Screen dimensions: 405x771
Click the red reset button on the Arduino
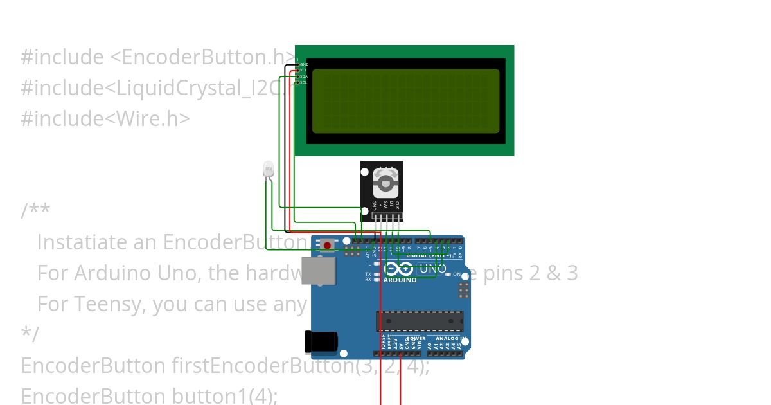click(x=328, y=246)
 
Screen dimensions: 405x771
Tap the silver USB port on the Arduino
click(x=319, y=271)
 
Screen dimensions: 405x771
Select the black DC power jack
click(x=321, y=341)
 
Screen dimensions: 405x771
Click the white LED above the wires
click(x=269, y=170)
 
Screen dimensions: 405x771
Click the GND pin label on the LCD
click(x=305, y=64)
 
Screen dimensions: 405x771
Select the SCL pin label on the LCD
click(x=304, y=82)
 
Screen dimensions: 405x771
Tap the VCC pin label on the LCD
click(x=304, y=70)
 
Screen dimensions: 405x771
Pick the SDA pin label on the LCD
click(x=304, y=76)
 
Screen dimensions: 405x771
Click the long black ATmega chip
click(x=420, y=321)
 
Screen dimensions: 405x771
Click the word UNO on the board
click(x=432, y=270)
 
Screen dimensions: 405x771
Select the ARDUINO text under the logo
click(x=400, y=280)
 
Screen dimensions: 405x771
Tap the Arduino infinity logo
click(x=399, y=269)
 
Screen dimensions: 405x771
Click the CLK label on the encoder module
click(x=397, y=206)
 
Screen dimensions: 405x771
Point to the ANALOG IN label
click(x=450, y=338)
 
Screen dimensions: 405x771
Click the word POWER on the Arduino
click(x=416, y=338)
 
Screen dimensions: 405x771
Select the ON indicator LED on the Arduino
click(x=448, y=274)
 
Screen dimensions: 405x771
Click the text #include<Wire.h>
click(x=105, y=118)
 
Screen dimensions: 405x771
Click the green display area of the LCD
click(x=405, y=101)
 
